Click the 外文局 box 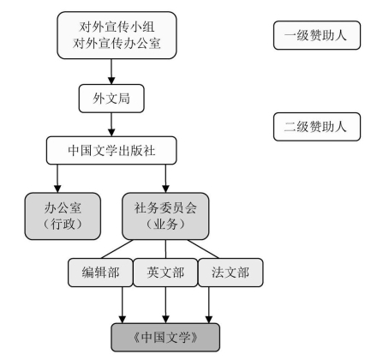[x=111, y=99]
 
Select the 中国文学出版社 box [x=111, y=151]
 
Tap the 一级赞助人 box [x=317, y=35]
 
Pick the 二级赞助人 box [x=317, y=127]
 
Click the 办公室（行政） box [x=63, y=216]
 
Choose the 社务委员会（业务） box [x=165, y=216]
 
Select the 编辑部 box [x=100, y=273]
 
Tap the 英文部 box [x=165, y=273]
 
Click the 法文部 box [x=230, y=273]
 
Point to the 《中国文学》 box [x=165, y=338]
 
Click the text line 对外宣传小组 [x=117, y=27]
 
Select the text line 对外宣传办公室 [x=117, y=44]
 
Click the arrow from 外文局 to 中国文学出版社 [x=111, y=124]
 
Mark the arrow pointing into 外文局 [x=111, y=72]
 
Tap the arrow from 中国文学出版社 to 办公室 [x=57, y=178]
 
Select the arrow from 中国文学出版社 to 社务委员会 [x=165, y=178]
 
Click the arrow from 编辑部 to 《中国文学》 [x=123, y=305]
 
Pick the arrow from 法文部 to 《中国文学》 [x=209, y=305]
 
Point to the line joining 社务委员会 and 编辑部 [x=117, y=249]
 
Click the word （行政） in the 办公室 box [x=63, y=224]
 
